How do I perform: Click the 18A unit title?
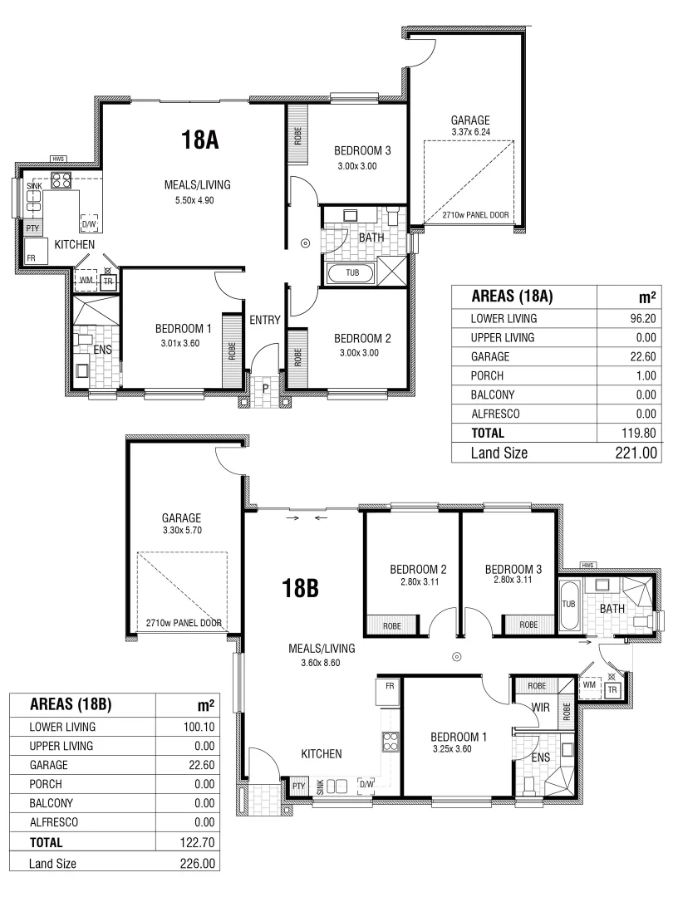[199, 140]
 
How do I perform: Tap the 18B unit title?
[300, 588]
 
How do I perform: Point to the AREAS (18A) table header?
[512, 297]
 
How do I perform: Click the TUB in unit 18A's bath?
[352, 272]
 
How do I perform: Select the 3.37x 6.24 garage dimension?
[469, 131]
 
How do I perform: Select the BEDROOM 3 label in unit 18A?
[362, 151]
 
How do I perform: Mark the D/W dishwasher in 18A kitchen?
[89, 224]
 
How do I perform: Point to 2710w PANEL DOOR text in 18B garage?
[184, 623]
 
